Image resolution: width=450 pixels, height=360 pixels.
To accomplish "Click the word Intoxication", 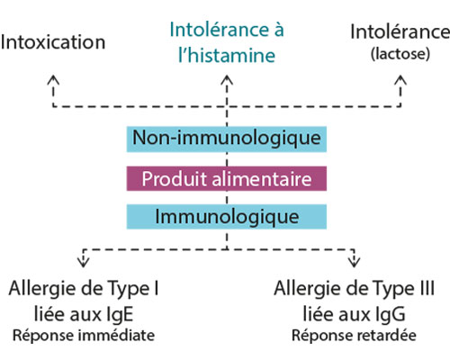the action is (53, 42).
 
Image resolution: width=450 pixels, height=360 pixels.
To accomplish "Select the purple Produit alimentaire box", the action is (227, 178).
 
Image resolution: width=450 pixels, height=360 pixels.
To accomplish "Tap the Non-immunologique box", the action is (227, 139).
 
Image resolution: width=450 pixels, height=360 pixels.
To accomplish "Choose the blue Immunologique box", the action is (227, 217).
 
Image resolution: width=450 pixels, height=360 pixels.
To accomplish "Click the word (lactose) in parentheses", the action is (400, 54).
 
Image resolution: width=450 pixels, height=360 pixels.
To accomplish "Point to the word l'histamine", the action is (227, 55).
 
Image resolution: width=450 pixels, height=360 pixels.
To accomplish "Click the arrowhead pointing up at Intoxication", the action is (53, 80).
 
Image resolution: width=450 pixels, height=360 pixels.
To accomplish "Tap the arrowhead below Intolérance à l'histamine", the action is (227, 80).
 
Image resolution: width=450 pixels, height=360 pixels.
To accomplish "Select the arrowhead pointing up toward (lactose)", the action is (400, 80).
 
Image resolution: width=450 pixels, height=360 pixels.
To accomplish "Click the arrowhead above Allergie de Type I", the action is (84, 262).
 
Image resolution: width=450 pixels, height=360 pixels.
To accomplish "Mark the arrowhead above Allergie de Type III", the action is (355, 262).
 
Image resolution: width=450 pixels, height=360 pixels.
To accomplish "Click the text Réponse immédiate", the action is (84, 336).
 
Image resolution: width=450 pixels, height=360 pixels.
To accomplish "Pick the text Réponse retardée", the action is (354, 336).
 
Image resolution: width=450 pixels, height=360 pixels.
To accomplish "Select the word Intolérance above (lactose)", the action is (400, 31).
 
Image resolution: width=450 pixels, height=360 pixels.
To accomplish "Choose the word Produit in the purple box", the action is (175, 179).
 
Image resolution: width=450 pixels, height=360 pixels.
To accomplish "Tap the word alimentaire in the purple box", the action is (262, 179).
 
